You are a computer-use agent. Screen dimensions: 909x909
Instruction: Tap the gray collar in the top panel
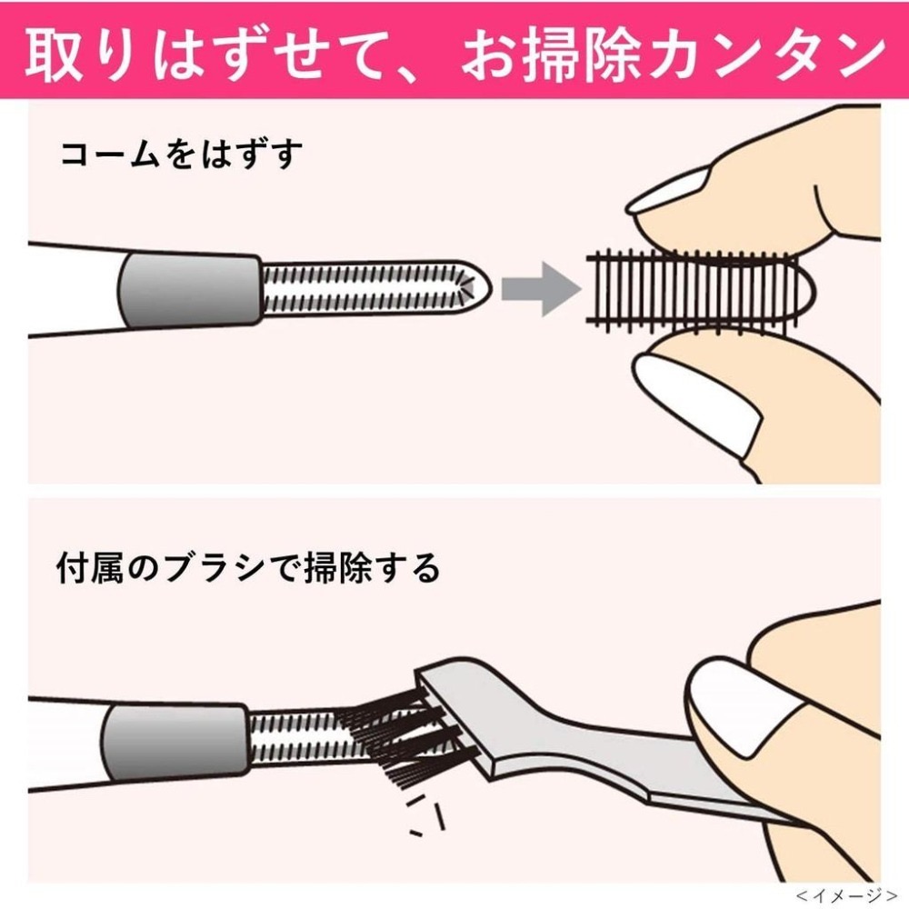189,289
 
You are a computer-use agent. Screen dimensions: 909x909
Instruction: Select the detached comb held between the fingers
695,289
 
